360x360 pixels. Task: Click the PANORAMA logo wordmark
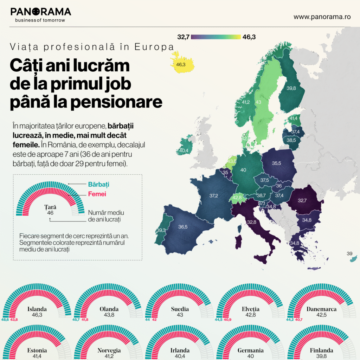[x=41, y=12]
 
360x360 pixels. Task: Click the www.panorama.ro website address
[x=322, y=17]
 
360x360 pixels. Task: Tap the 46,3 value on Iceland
[x=181, y=65]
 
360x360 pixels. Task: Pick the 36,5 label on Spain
[x=183, y=227]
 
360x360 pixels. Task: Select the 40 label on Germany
[x=243, y=170]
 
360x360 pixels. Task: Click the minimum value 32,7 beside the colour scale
[x=183, y=37]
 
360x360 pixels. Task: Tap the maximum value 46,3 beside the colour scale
[x=249, y=37]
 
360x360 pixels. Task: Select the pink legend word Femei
[x=97, y=194]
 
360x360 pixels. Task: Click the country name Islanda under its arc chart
[x=37, y=309]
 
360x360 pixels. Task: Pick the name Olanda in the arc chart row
[x=109, y=309]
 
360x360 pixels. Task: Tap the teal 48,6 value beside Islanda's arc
[x=5, y=320]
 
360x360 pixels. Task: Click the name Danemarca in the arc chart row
[x=321, y=309]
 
